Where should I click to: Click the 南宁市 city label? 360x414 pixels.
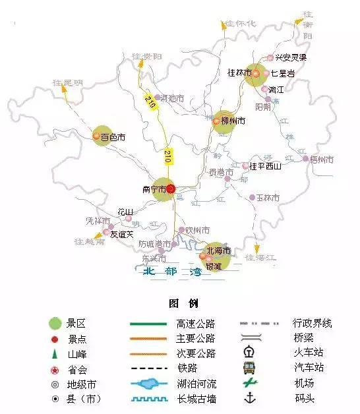click(154, 189)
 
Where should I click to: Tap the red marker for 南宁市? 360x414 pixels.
click(170, 189)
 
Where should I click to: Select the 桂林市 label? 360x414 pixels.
click(239, 73)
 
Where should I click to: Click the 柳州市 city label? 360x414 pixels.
click(233, 121)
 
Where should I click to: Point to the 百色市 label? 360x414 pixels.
click(113, 138)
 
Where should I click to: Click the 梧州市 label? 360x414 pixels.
click(322, 160)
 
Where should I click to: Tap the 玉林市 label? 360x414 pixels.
click(268, 198)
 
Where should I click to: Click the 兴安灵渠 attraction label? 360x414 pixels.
click(292, 57)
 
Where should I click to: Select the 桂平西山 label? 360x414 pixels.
click(266, 166)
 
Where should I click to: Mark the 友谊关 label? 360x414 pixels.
click(121, 233)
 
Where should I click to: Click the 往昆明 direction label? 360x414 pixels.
click(68, 83)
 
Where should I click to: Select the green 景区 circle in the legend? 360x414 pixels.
click(56, 323)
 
